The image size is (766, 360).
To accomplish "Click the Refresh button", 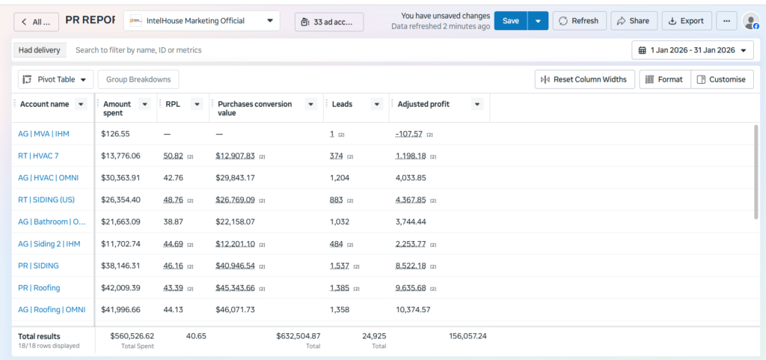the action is [x=579, y=21].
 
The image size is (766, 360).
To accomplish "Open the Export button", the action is [x=687, y=21].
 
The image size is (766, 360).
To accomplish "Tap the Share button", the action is [x=634, y=21].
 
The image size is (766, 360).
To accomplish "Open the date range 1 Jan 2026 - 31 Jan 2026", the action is [x=693, y=50].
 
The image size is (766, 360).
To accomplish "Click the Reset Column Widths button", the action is [x=585, y=79].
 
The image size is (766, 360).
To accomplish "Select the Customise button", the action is [x=722, y=79].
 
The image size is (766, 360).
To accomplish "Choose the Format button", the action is [x=665, y=79].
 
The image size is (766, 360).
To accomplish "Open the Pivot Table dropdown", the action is [x=55, y=79].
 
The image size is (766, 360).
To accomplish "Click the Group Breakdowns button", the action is [x=138, y=79].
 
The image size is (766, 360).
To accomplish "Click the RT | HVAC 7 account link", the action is [x=39, y=156].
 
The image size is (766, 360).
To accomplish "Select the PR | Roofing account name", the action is [x=39, y=287].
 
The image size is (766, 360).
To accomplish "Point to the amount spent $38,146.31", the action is [x=120, y=266].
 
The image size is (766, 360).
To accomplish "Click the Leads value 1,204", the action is [x=340, y=178].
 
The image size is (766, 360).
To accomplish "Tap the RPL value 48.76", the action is [x=174, y=200].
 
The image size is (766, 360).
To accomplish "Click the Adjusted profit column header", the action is [x=423, y=104].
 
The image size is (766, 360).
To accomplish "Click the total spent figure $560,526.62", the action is [x=132, y=336].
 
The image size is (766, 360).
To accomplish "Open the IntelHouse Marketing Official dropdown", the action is [x=202, y=21].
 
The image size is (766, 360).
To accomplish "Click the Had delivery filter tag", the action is [x=39, y=50].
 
